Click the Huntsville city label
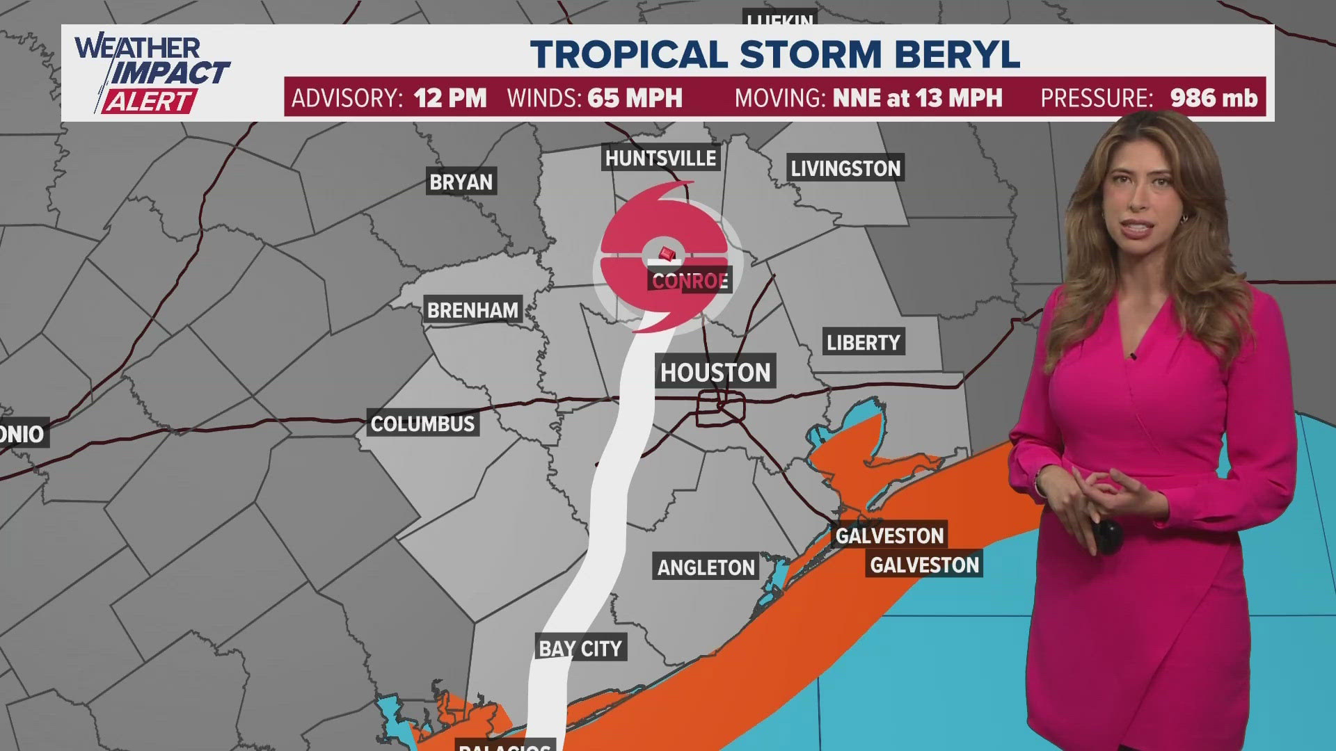coord(660,159)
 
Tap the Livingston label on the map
coord(845,168)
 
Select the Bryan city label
coord(461,182)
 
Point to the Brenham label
coord(472,310)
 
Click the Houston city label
coord(715,373)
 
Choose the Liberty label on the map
coord(863,342)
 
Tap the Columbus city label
coord(422,423)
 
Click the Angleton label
coord(706,567)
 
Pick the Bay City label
coord(580,648)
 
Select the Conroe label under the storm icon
coord(690,281)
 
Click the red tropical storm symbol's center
coord(666,255)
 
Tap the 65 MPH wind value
coord(635,98)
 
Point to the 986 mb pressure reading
coord(1214,98)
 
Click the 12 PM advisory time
coord(450,98)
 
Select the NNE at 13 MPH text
coord(917,98)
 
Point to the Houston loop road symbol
coord(721,408)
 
